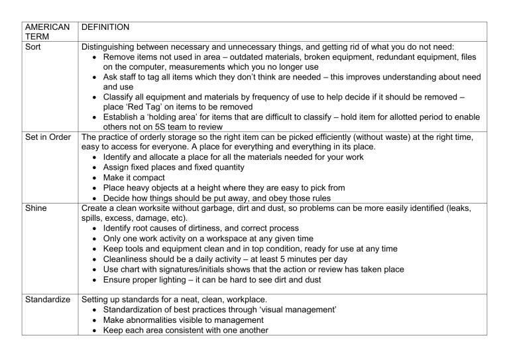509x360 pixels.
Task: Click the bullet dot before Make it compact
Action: (97, 178)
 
